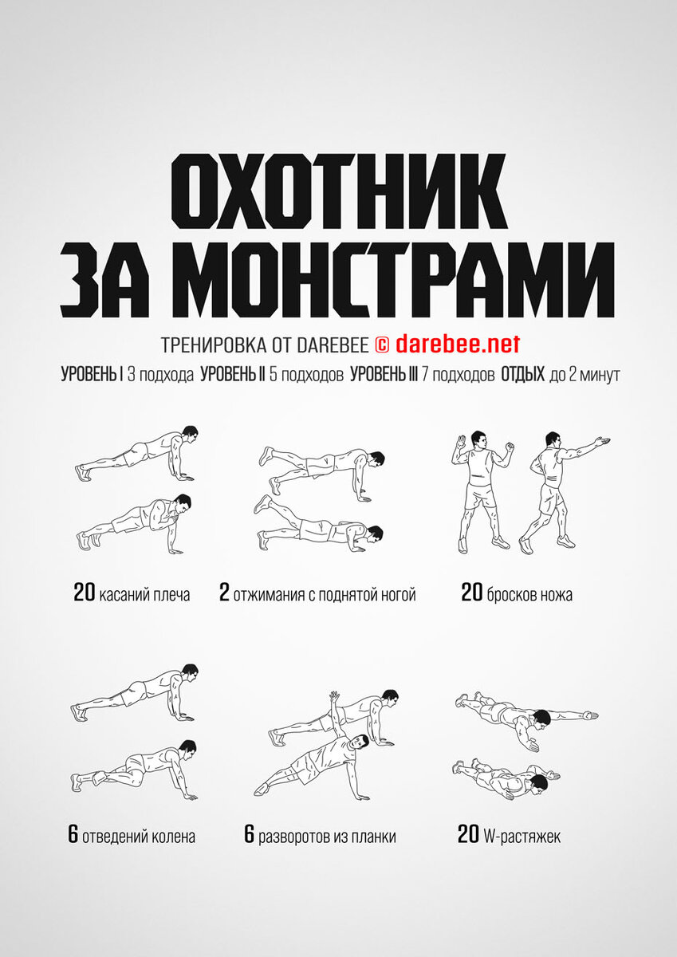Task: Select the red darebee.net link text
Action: pos(458,344)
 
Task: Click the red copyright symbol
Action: pos(382,345)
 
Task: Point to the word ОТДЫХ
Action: pos(523,375)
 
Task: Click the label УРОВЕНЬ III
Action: pos(384,375)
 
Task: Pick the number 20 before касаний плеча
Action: pos(85,593)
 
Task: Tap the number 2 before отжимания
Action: pos(224,593)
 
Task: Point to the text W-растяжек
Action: pos(522,835)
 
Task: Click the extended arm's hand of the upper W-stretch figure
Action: pos(590,715)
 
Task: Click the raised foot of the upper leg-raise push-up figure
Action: pos(266,455)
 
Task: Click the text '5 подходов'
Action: pos(306,375)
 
